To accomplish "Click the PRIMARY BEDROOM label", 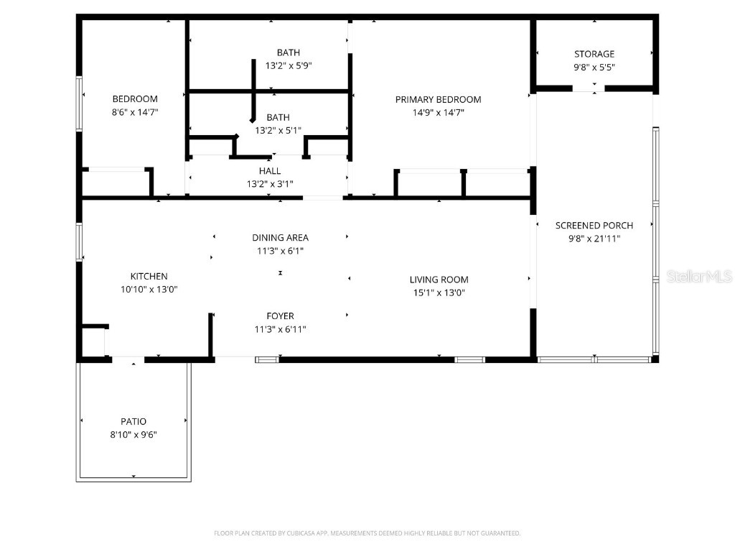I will click(x=438, y=99).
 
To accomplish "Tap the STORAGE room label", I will click(x=594, y=54).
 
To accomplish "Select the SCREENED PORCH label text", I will click(x=594, y=226).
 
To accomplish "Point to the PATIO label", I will click(x=134, y=421).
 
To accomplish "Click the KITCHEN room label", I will click(x=149, y=276).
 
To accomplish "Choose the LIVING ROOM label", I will click(x=439, y=280).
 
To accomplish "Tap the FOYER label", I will click(x=280, y=316).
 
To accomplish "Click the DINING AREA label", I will click(x=280, y=238).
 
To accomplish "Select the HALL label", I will click(x=270, y=171).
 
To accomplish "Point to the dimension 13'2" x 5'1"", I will click(x=278, y=130).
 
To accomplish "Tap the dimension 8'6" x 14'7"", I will click(x=135, y=112).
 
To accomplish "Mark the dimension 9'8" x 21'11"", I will click(x=594, y=239).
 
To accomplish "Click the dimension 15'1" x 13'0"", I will click(x=439, y=293).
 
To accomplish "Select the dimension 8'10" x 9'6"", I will click(x=134, y=434).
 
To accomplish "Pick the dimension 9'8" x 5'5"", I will click(x=594, y=67).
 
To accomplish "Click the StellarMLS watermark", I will click(x=698, y=276).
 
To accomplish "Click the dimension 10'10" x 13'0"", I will click(x=149, y=289).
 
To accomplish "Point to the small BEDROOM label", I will click(x=135, y=99).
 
